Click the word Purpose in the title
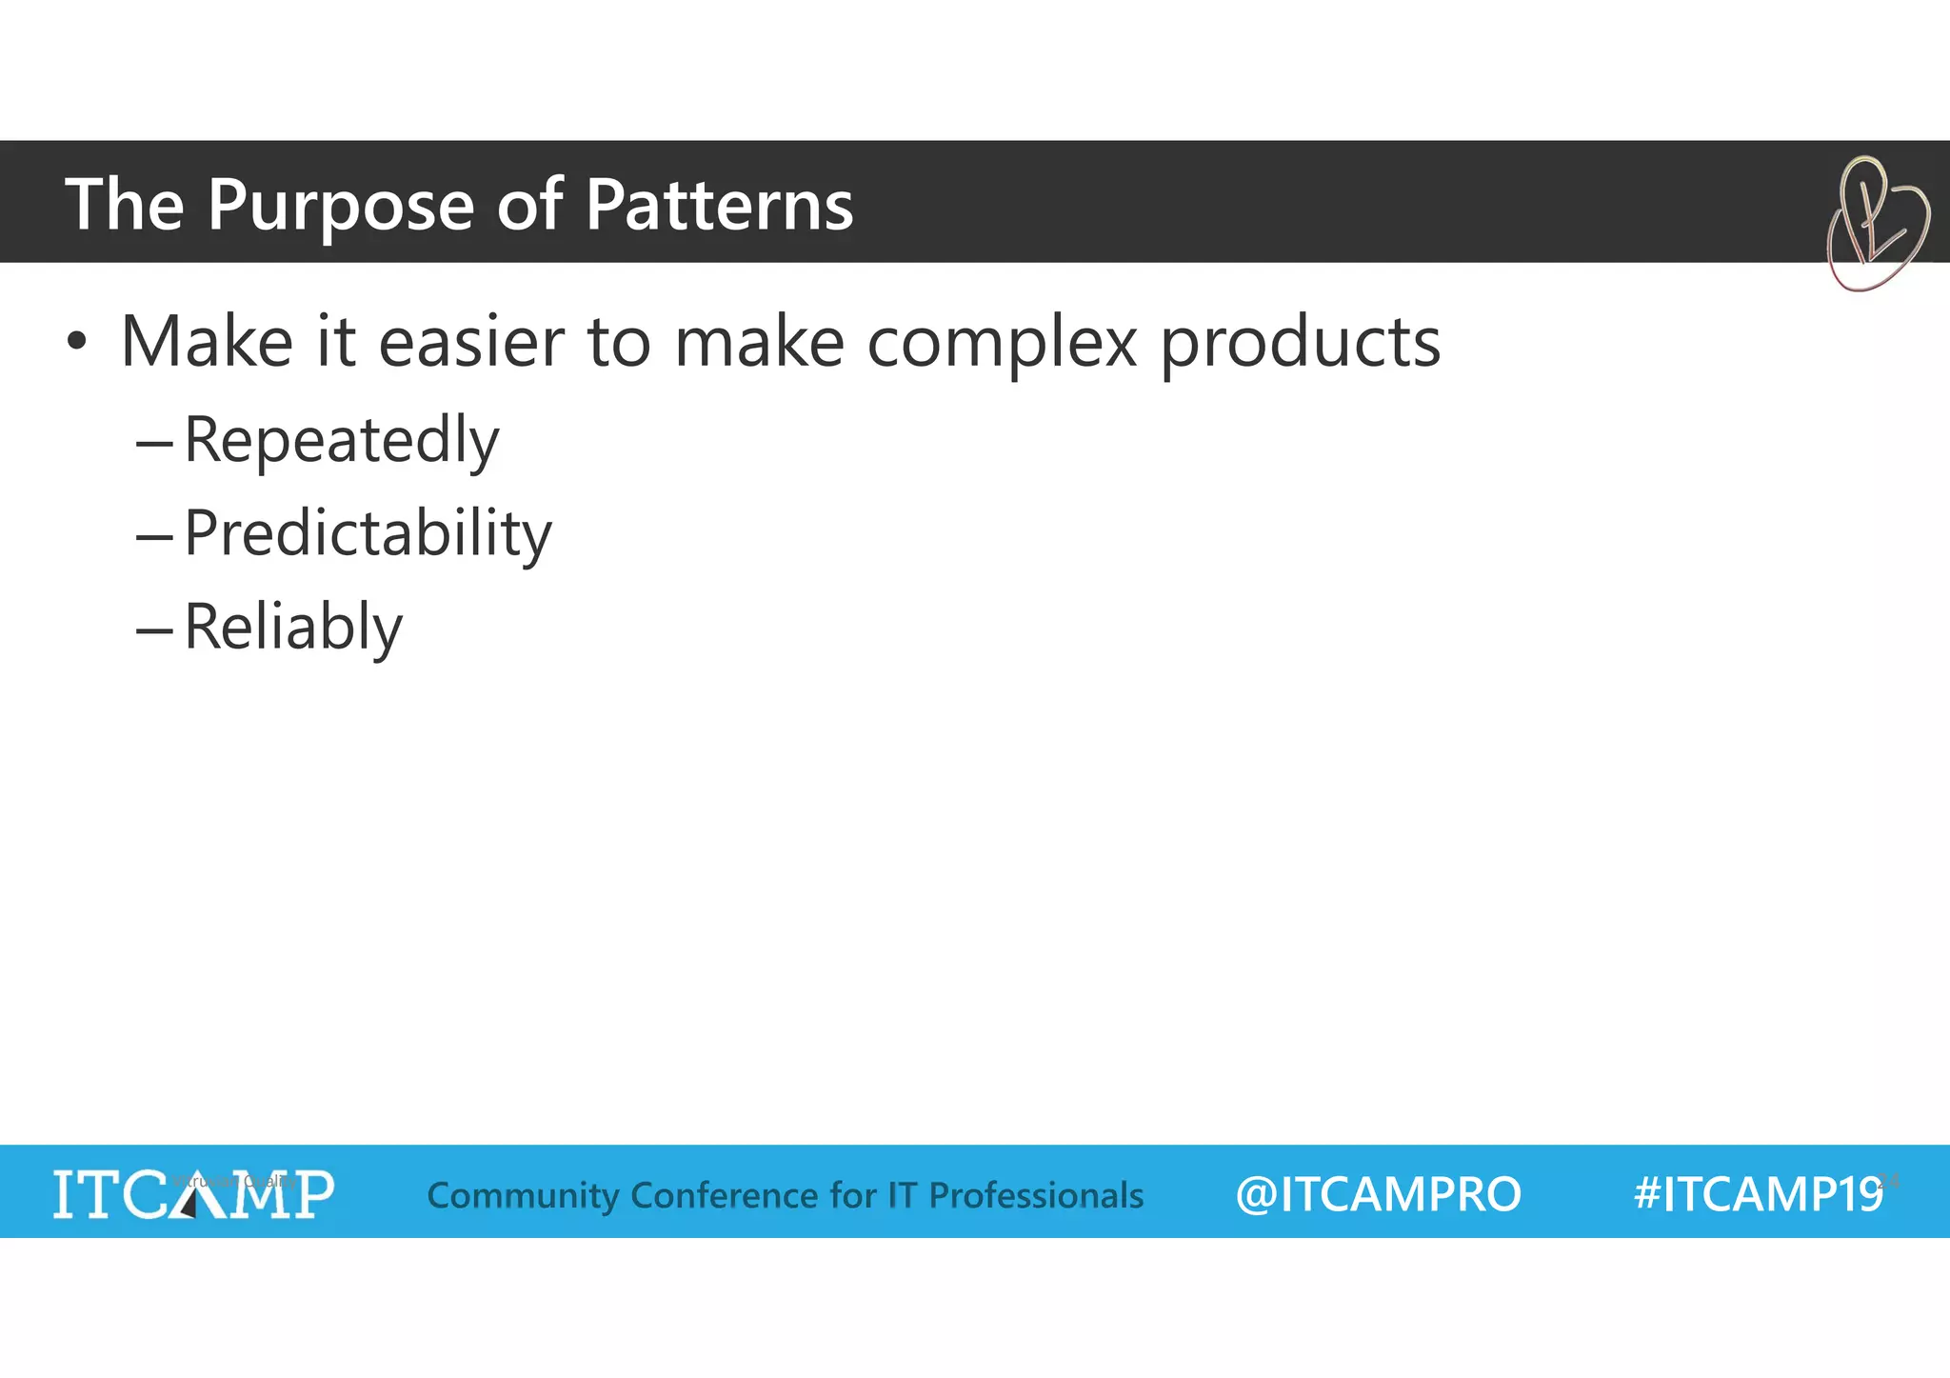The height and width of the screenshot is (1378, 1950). click(x=340, y=206)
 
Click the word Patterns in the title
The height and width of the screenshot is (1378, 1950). click(x=719, y=206)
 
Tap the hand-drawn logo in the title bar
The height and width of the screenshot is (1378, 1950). click(x=1876, y=225)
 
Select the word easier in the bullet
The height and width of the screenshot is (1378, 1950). click(x=471, y=343)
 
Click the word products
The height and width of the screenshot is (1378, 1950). click(x=1300, y=343)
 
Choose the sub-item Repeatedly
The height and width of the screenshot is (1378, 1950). click(x=341, y=441)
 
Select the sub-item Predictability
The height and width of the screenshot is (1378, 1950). click(x=367, y=533)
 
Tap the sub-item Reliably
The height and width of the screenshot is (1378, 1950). click(x=292, y=628)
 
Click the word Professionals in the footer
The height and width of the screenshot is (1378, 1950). click(x=1036, y=1194)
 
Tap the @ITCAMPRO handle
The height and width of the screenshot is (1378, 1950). click(x=1378, y=1193)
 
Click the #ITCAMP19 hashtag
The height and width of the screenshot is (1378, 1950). click(x=1758, y=1193)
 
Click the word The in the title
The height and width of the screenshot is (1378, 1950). click(x=124, y=206)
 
